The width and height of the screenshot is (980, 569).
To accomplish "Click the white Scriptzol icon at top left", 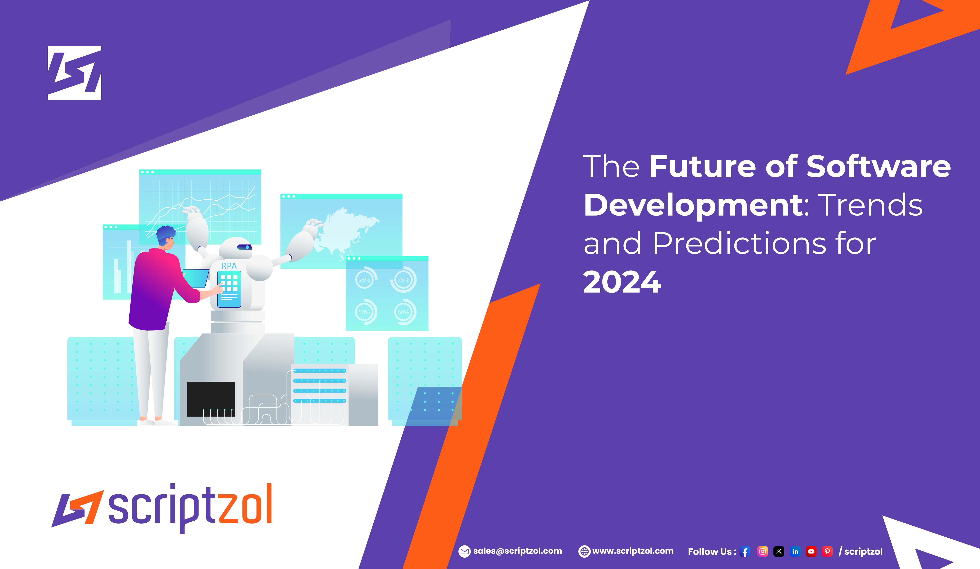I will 74,73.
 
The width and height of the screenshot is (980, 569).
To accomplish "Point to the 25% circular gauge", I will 364,279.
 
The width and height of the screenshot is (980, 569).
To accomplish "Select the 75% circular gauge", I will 403,279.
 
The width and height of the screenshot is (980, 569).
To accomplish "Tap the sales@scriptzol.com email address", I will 517,551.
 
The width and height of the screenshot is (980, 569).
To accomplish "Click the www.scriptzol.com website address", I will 633,551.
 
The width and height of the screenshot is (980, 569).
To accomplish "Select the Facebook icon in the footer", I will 745,552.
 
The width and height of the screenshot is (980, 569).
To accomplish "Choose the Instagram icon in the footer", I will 763,552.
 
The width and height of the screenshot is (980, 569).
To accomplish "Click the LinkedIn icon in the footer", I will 795,552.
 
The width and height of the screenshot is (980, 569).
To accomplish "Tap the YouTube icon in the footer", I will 811,552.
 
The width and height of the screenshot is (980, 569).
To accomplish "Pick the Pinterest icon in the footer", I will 827,552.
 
